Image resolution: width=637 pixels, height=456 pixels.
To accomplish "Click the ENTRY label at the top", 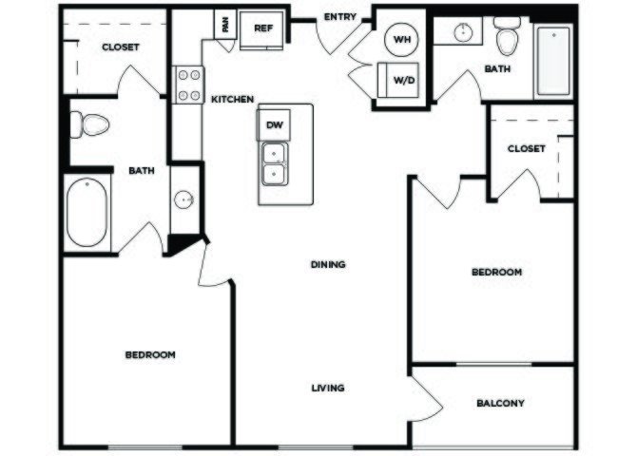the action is coord(340,17).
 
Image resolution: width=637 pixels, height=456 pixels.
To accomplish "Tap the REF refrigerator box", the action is coord(262,30).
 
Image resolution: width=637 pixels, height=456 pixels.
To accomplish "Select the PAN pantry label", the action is coord(225,25).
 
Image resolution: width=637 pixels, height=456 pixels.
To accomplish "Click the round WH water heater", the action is coord(402,39).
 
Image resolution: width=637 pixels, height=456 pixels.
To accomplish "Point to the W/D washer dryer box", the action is coord(398,80).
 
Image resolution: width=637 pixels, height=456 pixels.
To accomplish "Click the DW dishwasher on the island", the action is coord(274,125).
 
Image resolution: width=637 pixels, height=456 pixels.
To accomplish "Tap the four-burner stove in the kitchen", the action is coord(189,85).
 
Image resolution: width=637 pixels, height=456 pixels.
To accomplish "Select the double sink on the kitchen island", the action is coord(275,163).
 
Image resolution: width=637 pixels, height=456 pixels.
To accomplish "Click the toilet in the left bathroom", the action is coord(89,124).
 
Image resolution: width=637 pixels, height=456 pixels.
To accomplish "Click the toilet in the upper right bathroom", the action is coord(507,36).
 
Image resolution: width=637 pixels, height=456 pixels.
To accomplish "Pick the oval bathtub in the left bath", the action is coord(87,212).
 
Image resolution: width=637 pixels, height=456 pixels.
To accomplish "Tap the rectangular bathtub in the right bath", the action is coord(553,61).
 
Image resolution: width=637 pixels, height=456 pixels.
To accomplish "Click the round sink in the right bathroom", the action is coord(463,32).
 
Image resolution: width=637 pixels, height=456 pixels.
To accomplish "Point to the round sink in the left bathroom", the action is coord(183,200).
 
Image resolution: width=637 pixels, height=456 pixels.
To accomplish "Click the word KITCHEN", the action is coord(232,99).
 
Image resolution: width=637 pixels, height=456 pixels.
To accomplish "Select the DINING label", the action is coord(328,264).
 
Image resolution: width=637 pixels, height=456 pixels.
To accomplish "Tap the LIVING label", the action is coord(328,389).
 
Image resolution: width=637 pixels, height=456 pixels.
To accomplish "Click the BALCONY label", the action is coord(500,403).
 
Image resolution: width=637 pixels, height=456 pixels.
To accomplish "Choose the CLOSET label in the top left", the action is coord(121,47).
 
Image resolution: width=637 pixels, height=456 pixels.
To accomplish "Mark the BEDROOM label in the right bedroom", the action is coord(497,272).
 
